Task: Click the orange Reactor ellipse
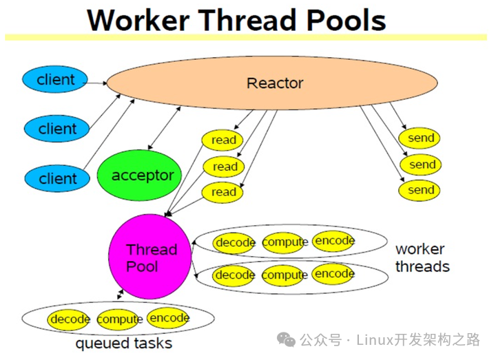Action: [x=272, y=83]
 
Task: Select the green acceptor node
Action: [x=139, y=175]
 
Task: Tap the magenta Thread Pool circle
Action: [x=150, y=256]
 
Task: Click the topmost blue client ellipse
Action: [x=54, y=79]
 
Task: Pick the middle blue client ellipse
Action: [x=56, y=129]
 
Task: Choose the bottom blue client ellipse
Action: [x=57, y=178]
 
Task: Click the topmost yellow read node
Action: [x=223, y=140]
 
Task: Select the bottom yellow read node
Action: [x=223, y=192]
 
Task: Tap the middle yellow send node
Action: [x=421, y=165]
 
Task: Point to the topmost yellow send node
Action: [x=420, y=138]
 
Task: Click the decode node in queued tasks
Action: [x=69, y=319]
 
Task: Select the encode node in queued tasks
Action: [x=169, y=318]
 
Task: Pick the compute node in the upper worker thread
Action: [x=284, y=243]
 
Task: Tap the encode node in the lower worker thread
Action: [x=333, y=274]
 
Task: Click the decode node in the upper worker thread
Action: [x=234, y=243]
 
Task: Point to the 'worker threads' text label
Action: [x=422, y=257]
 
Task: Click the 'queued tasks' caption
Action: [x=124, y=343]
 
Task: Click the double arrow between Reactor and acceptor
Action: [x=164, y=128]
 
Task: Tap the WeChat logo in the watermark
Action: [x=287, y=339]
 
